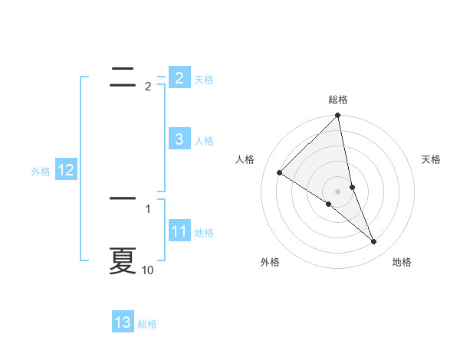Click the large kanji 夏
(123, 260)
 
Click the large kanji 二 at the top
(123, 74)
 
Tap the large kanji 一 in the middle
(123, 198)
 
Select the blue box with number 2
(179, 77)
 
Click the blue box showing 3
(179, 139)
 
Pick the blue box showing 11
(179, 231)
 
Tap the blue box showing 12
(65, 170)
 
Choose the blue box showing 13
(123, 322)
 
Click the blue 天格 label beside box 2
(204, 80)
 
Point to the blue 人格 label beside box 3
(204, 141)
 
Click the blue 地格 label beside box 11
(204, 233)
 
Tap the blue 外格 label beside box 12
(41, 172)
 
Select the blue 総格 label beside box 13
(147, 324)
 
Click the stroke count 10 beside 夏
(148, 270)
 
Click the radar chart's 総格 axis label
(338, 100)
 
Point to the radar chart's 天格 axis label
(432, 159)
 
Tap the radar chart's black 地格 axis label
(402, 262)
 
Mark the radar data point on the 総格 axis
(338, 116)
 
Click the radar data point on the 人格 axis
(280, 172)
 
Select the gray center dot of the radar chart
(338, 191)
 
